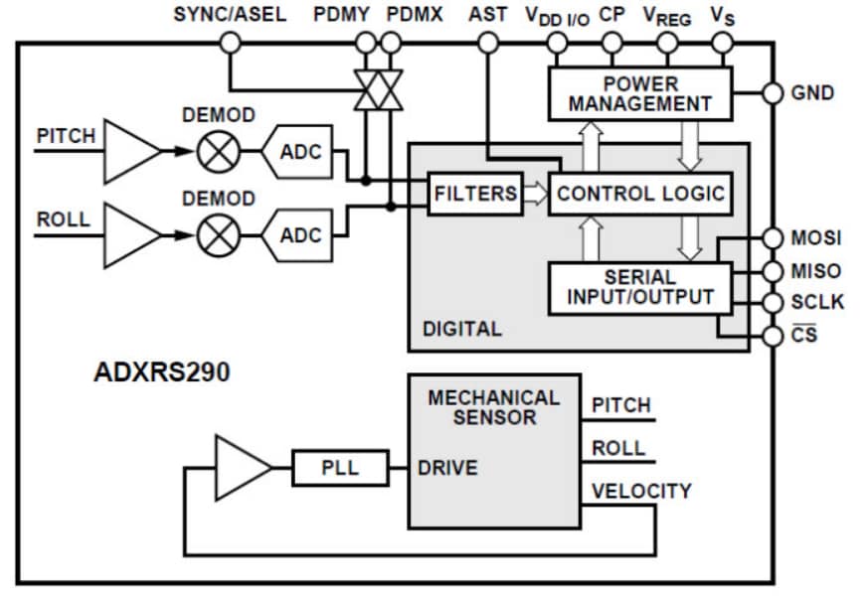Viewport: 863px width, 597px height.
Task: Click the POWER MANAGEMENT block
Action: [639, 92]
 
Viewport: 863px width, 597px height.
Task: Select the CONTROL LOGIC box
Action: [639, 193]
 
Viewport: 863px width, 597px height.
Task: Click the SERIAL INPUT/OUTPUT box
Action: [639, 286]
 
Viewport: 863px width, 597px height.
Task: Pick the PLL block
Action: [339, 467]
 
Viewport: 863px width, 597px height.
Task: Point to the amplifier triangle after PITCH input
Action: [129, 152]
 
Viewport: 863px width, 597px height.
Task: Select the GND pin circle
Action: [773, 93]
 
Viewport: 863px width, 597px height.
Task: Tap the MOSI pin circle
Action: [773, 238]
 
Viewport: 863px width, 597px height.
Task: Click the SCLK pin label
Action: [816, 302]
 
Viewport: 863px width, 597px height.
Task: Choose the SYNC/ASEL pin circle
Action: [230, 42]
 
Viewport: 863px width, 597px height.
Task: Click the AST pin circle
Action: [487, 42]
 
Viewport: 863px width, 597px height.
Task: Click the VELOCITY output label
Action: [641, 491]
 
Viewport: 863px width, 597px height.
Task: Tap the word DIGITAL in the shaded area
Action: [462, 329]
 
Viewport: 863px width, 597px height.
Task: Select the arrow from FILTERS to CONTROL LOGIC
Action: [535, 193]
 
